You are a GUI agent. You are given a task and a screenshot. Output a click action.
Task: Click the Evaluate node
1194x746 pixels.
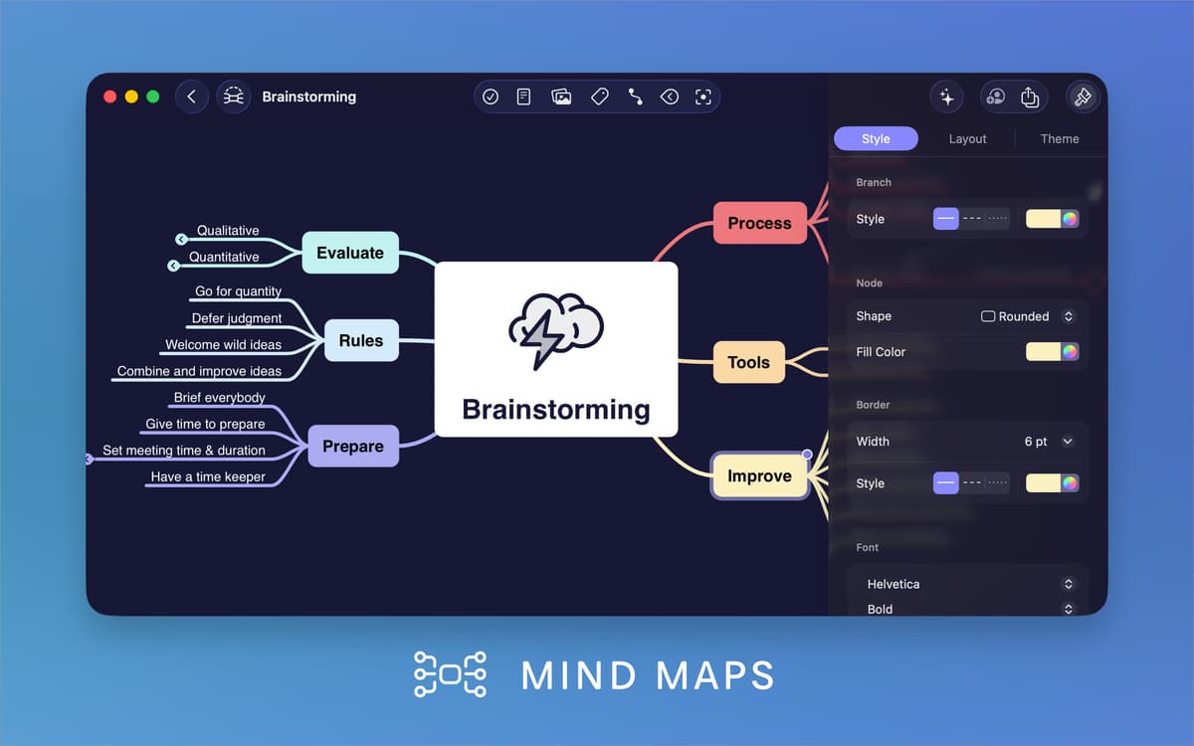click(349, 253)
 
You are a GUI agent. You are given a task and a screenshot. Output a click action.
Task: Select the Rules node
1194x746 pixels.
click(360, 340)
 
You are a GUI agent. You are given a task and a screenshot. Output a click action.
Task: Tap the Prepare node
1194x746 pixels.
click(352, 447)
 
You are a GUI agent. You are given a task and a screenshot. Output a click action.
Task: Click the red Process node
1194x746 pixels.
click(759, 223)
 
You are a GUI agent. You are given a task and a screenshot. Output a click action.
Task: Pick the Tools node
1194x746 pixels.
click(748, 362)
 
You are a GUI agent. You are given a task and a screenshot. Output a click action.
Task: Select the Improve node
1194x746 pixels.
click(759, 475)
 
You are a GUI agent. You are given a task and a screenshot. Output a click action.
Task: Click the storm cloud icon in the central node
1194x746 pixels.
click(555, 329)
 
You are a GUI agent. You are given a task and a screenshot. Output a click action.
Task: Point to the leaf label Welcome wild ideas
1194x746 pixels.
click(223, 345)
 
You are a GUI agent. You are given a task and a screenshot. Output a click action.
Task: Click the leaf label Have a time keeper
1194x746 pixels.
click(208, 476)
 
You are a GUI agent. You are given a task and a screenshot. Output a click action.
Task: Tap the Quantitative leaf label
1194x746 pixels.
click(224, 257)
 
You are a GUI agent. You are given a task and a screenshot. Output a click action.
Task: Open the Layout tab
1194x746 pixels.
click(967, 139)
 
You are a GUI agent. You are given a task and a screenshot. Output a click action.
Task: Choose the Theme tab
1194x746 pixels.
click(1060, 139)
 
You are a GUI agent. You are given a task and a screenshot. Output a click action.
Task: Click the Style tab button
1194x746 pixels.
click(876, 139)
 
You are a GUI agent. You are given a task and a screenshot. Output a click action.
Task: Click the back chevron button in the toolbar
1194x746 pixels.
click(192, 96)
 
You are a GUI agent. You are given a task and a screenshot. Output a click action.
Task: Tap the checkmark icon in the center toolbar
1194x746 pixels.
click(491, 96)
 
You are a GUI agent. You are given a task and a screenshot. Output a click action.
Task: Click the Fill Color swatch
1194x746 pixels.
click(1052, 351)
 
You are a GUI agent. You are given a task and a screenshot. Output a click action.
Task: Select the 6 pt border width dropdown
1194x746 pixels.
click(1049, 442)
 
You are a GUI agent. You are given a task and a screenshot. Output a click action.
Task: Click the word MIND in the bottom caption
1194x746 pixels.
click(578, 675)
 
